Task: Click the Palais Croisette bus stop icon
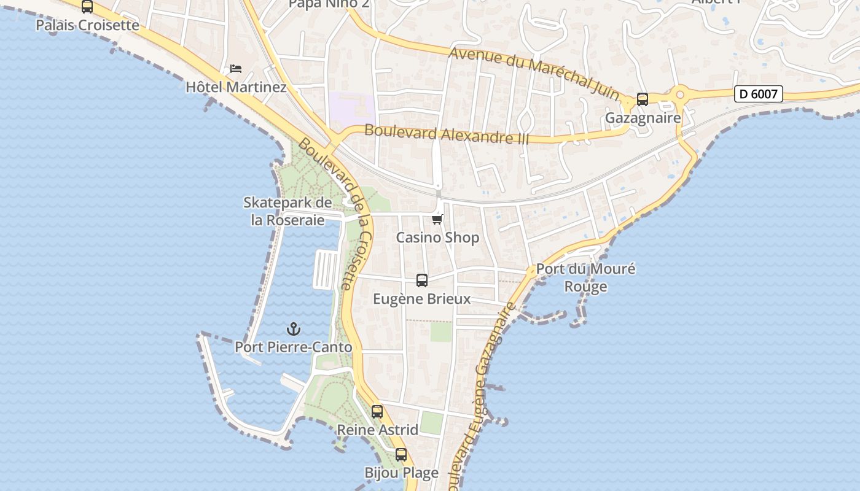pos(87,7)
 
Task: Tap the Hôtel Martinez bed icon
pos(236,69)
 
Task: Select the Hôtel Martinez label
pos(236,87)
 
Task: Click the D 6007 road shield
pos(759,95)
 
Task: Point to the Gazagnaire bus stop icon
pos(643,99)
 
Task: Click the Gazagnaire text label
pos(643,118)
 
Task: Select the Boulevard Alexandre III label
pos(447,134)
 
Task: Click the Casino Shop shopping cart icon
pos(437,219)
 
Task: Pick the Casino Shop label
pos(437,238)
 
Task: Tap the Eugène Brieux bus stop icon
pos(422,280)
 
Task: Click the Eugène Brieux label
pos(422,299)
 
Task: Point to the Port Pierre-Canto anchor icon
pos(294,329)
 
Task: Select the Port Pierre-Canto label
pos(294,347)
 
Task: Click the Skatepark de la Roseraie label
pos(287,211)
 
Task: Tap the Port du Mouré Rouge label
pos(585,277)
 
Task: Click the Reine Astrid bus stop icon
pos(377,412)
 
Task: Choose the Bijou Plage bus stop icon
pos(401,455)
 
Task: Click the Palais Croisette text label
pos(87,26)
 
